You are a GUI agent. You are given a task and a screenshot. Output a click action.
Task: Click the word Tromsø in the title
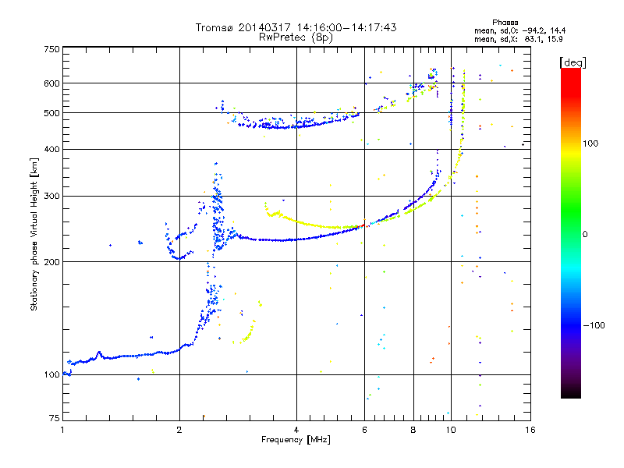coord(215,27)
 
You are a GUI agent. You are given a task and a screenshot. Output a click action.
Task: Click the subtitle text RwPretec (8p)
coord(296,37)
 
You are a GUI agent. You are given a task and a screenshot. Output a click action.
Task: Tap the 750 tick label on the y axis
coord(51,49)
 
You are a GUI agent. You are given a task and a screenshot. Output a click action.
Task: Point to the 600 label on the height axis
coord(51,83)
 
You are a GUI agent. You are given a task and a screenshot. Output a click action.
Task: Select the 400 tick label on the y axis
coord(51,149)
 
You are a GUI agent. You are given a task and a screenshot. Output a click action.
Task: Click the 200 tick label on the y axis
coord(51,262)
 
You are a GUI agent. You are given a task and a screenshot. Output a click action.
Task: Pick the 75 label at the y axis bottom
coord(54,418)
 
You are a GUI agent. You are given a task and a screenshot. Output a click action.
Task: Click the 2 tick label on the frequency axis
coord(179,430)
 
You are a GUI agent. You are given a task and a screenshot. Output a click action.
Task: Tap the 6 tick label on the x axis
coord(364,430)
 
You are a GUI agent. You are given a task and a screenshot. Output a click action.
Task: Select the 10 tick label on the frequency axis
coord(451,430)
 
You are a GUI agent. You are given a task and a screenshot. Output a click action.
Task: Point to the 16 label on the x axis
coord(530,430)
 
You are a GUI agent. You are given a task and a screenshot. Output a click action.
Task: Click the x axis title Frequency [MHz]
coord(296,440)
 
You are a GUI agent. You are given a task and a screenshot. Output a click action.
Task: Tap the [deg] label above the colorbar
coord(573,62)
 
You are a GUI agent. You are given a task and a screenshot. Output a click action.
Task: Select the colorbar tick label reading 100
coord(590,144)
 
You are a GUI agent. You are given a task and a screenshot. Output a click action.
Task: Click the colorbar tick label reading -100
coord(594,325)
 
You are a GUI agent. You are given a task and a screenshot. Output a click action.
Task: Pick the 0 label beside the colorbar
coord(585,235)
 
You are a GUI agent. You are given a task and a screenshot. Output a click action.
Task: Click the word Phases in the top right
coord(505,23)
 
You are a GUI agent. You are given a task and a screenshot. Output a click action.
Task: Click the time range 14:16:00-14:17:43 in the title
coord(346,27)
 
